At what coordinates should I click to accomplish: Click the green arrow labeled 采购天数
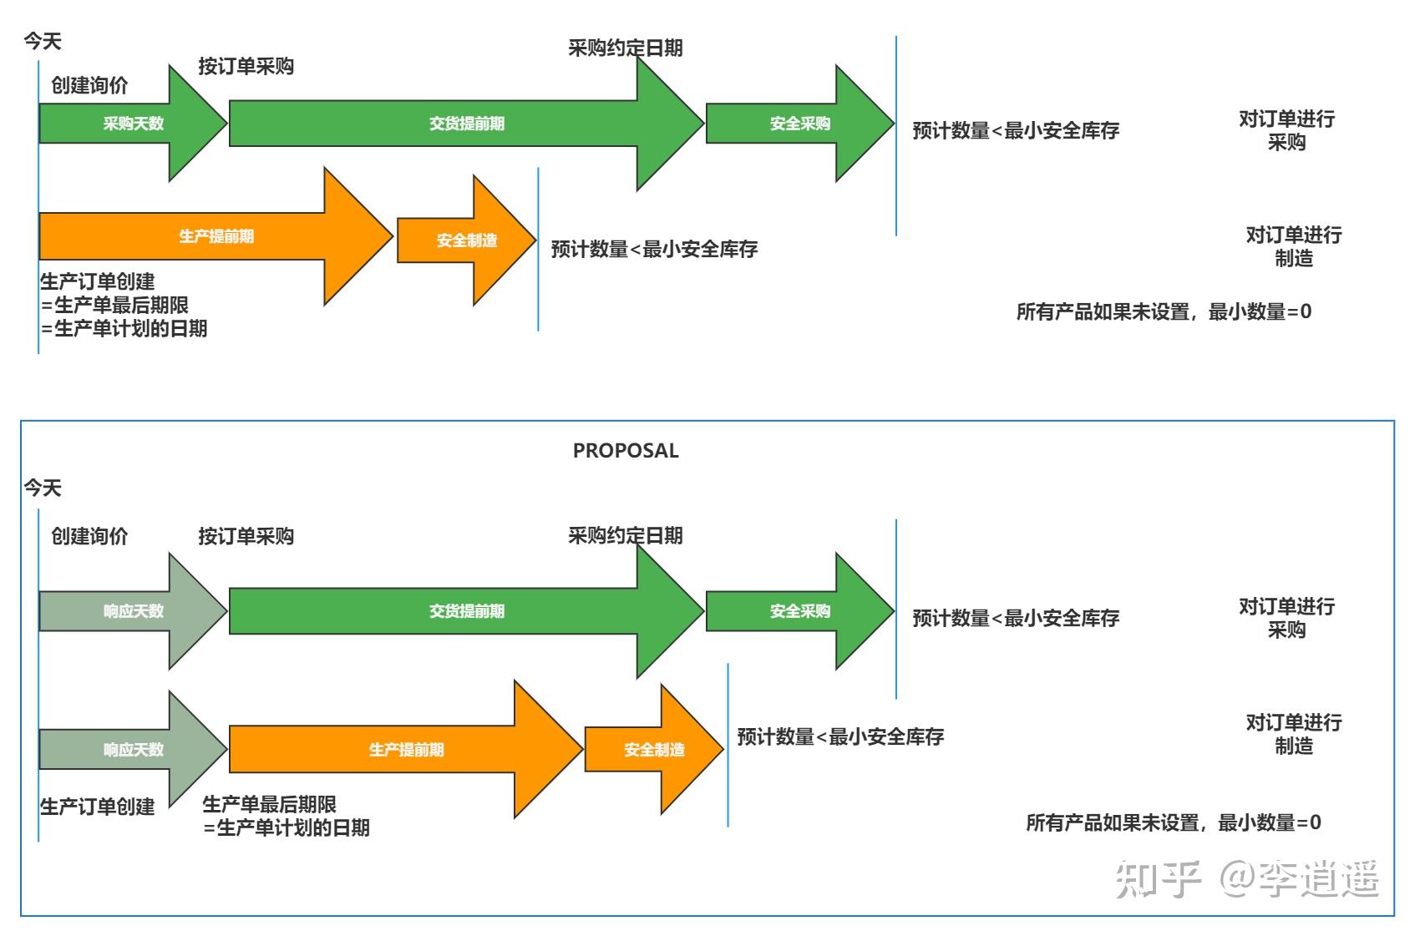click(x=133, y=124)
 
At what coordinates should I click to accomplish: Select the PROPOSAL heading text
click(x=626, y=451)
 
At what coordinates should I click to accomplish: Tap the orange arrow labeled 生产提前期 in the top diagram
click(x=216, y=236)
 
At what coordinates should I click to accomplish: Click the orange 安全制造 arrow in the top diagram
click(x=466, y=240)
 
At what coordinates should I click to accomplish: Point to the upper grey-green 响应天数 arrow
click(x=133, y=611)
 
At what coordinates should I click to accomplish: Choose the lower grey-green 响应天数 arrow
click(x=133, y=750)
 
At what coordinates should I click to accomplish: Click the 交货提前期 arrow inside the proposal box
click(x=466, y=611)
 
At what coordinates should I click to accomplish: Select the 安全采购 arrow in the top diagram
click(x=799, y=124)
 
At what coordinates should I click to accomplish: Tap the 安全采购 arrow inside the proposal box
click(x=799, y=611)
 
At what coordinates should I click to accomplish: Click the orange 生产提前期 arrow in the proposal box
click(x=406, y=750)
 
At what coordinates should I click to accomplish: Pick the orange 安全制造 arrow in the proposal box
click(x=654, y=750)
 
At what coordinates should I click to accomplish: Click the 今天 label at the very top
click(x=43, y=41)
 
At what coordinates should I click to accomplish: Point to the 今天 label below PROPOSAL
click(x=43, y=488)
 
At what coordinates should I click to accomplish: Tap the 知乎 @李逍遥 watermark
click(x=1246, y=879)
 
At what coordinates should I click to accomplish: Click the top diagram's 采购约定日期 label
click(x=626, y=48)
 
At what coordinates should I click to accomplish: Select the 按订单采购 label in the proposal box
click(x=246, y=536)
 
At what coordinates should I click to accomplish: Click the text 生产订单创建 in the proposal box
click(x=98, y=807)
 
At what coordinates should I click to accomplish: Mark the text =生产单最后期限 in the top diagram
click(x=115, y=306)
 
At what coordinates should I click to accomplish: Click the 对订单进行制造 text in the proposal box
click(x=1293, y=734)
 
